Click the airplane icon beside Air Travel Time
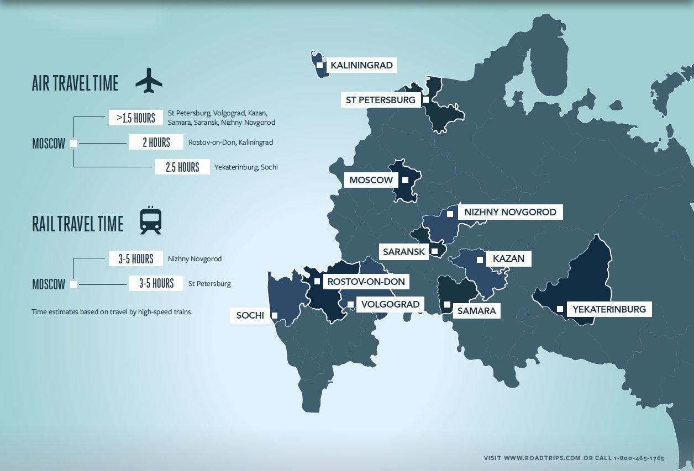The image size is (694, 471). pyautogui.click(x=149, y=81)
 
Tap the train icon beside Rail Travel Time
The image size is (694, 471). pyautogui.click(x=150, y=221)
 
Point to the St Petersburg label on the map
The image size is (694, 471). pyautogui.click(x=380, y=100)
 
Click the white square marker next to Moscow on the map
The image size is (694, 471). pyautogui.click(x=405, y=180)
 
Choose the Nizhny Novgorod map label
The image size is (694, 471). pyautogui.click(x=510, y=212)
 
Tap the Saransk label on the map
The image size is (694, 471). pyautogui.click(x=404, y=252)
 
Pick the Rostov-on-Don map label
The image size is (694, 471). pyautogui.click(x=366, y=282)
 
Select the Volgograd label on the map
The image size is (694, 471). pyautogui.click(x=390, y=304)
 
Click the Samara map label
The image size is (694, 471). pyautogui.click(x=476, y=311)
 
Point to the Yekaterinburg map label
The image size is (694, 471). pyautogui.click(x=609, y=309)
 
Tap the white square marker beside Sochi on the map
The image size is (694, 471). pyautogui.click(x=275, y=316)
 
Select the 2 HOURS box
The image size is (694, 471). pyautogui.click(x=156, y=142)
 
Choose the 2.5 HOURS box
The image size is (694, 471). pyautogui.click(x=182, y=167)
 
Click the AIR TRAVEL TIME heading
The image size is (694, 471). pyautogui.click(x=75, y=83)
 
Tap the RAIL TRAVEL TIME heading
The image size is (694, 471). pyautogui.click(x=77, y=224)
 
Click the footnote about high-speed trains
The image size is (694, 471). pyautogui.click(x=112, y=312)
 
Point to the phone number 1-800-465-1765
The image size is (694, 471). pyautogui.click(x=638, y=458)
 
